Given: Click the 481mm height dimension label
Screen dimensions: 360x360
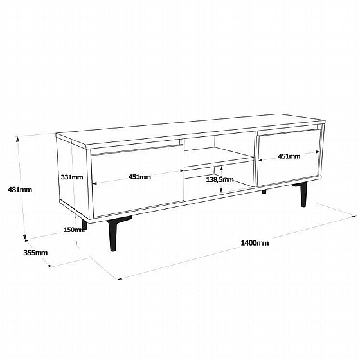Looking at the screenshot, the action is (20, 190).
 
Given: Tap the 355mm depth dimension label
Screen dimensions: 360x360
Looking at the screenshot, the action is (35, 253).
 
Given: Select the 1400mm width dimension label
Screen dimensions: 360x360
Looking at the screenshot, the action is (255, 243).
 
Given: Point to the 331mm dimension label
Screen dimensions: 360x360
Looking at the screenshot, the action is (72, 177).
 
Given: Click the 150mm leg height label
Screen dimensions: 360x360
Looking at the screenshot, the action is (75, 230).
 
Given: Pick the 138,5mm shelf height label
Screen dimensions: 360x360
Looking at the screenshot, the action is (220, 179).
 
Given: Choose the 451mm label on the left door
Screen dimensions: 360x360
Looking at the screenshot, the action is (139, 177).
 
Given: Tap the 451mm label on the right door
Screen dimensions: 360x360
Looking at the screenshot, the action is (289, 156).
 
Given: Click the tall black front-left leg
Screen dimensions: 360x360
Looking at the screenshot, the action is (113, 233).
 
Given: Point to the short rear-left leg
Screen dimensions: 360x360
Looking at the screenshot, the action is (84, 224).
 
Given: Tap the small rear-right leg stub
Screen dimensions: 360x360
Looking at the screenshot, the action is (264, 192).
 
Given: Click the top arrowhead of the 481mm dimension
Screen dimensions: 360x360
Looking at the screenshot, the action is (17, 138).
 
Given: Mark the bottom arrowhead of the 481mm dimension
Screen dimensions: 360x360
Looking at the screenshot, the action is (25, 238).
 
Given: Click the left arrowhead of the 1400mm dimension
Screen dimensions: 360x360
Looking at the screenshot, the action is (120, 279).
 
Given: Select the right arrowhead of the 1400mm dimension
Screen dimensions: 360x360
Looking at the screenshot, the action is (354, 216).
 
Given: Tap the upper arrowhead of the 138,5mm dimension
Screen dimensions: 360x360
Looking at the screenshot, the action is (221, 168).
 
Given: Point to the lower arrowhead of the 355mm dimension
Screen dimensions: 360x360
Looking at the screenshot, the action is (49, 266).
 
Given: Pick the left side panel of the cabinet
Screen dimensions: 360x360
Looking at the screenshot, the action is (73, 177).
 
